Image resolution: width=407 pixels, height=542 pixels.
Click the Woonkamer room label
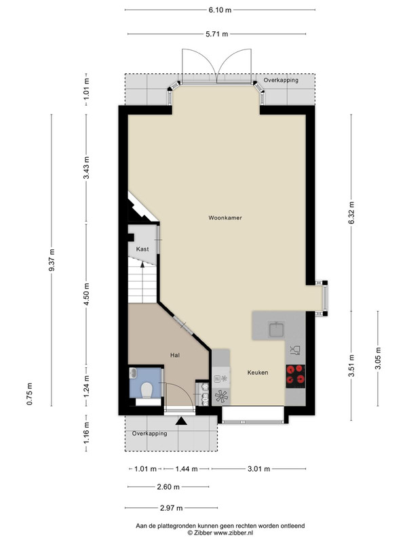(225, 217)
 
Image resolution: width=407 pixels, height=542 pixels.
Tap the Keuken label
(258, 372)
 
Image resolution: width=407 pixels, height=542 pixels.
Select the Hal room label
(175, 355)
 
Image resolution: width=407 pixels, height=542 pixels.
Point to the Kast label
(142, 249)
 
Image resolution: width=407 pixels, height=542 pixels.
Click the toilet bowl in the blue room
(147, 390)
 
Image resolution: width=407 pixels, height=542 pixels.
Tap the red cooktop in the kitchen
(296, 376)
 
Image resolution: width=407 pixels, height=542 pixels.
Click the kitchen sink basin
(276, 329)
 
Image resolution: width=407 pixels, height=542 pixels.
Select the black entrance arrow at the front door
(181, 421)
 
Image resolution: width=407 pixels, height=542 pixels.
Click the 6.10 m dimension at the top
(220, 10)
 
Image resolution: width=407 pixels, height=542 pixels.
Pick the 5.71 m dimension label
(217, 34)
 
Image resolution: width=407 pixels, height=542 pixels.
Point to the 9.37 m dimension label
(52, 260)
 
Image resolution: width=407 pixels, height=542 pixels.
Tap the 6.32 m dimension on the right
(351, 213)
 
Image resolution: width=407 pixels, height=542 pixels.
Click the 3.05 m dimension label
(378, 358)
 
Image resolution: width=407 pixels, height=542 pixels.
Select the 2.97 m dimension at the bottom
(172, 508)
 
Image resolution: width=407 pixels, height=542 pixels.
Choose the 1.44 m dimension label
(187, 469)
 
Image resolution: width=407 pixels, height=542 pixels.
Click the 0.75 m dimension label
(30, 394)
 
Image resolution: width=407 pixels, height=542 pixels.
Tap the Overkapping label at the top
(281, 80)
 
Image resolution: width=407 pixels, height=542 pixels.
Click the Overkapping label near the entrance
(149, 434)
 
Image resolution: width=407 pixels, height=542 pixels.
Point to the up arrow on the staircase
(142, 265)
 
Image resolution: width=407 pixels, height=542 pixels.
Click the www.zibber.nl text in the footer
(233, 533)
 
